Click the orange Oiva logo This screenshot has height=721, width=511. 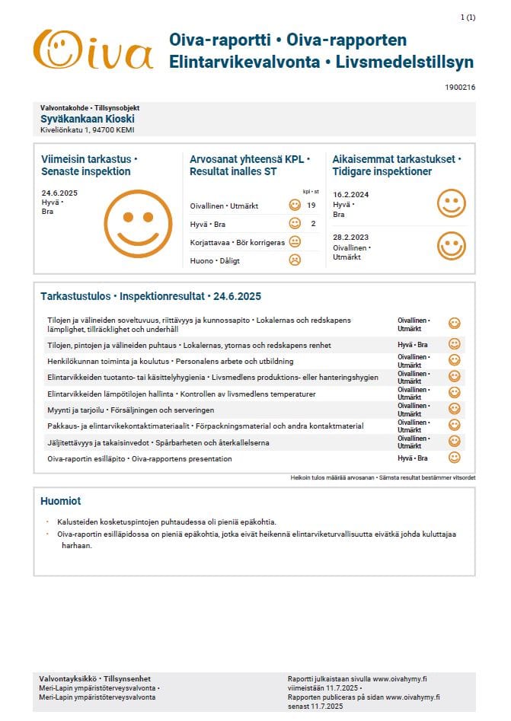tap(94, 50)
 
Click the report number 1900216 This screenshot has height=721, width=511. tap(460, 88)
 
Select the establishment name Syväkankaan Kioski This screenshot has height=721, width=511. tap(88, 119)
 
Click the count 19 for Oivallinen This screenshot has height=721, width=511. tap(311, 206)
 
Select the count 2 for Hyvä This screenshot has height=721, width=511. tap(312, 224)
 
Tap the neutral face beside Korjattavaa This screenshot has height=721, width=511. tap(295, 242)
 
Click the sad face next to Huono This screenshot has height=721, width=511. tap(295, 260)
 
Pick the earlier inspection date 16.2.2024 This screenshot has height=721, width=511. tap(350, 194)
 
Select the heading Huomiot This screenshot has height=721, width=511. tap(60, 501)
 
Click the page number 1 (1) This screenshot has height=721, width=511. tap(468, 17)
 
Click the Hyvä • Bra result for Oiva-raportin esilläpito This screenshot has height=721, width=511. tap(412, 458)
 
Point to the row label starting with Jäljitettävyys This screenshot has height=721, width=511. tap(158, 442)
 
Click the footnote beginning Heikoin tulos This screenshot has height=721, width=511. tap(382, 477)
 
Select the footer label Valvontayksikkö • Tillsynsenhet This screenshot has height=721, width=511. tap(94, 678)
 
